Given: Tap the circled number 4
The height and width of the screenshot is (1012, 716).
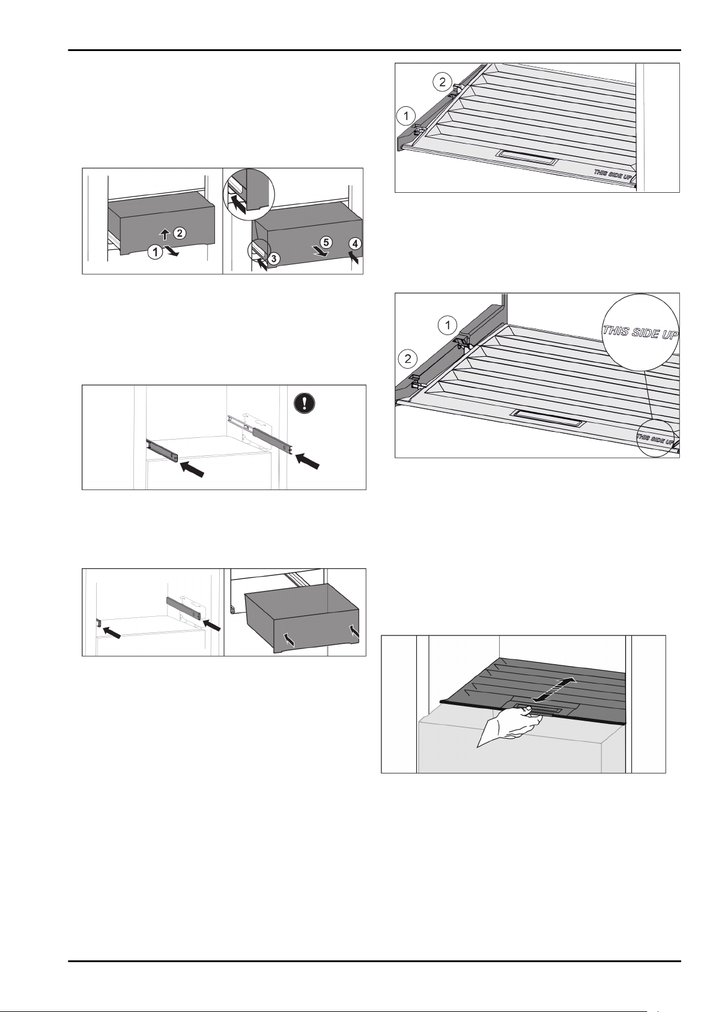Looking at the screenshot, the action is click(356, 244).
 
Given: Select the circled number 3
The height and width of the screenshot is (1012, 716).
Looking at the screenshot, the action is click(274, 259).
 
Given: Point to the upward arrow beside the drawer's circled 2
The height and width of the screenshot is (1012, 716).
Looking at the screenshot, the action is click(166, 234).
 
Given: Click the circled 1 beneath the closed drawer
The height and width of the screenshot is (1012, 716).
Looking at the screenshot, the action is click(156, 252).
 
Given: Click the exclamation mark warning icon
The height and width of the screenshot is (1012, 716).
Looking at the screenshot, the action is click(305, 403).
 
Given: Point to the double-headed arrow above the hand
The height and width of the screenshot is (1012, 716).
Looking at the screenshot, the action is click(554, 690).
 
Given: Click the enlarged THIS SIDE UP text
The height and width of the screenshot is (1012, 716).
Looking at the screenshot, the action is click(640, 332).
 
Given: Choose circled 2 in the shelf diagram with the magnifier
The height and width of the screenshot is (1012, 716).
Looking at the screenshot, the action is click(408, 359).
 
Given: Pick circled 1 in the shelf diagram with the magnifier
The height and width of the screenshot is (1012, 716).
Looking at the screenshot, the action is click(447, 325).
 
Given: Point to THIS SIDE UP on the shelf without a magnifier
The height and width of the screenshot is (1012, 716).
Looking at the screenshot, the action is click(613, 174).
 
